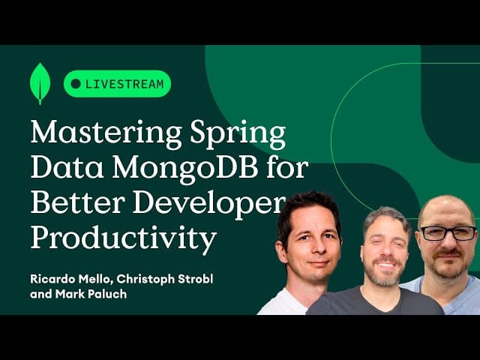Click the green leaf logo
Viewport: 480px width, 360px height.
tap(40, 83)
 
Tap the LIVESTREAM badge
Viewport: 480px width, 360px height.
tap(117, 84)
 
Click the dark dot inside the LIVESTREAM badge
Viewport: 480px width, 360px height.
tap(76, 84)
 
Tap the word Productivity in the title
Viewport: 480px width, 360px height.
tap(123, 238)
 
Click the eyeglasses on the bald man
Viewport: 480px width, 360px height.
tap(448, 232)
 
